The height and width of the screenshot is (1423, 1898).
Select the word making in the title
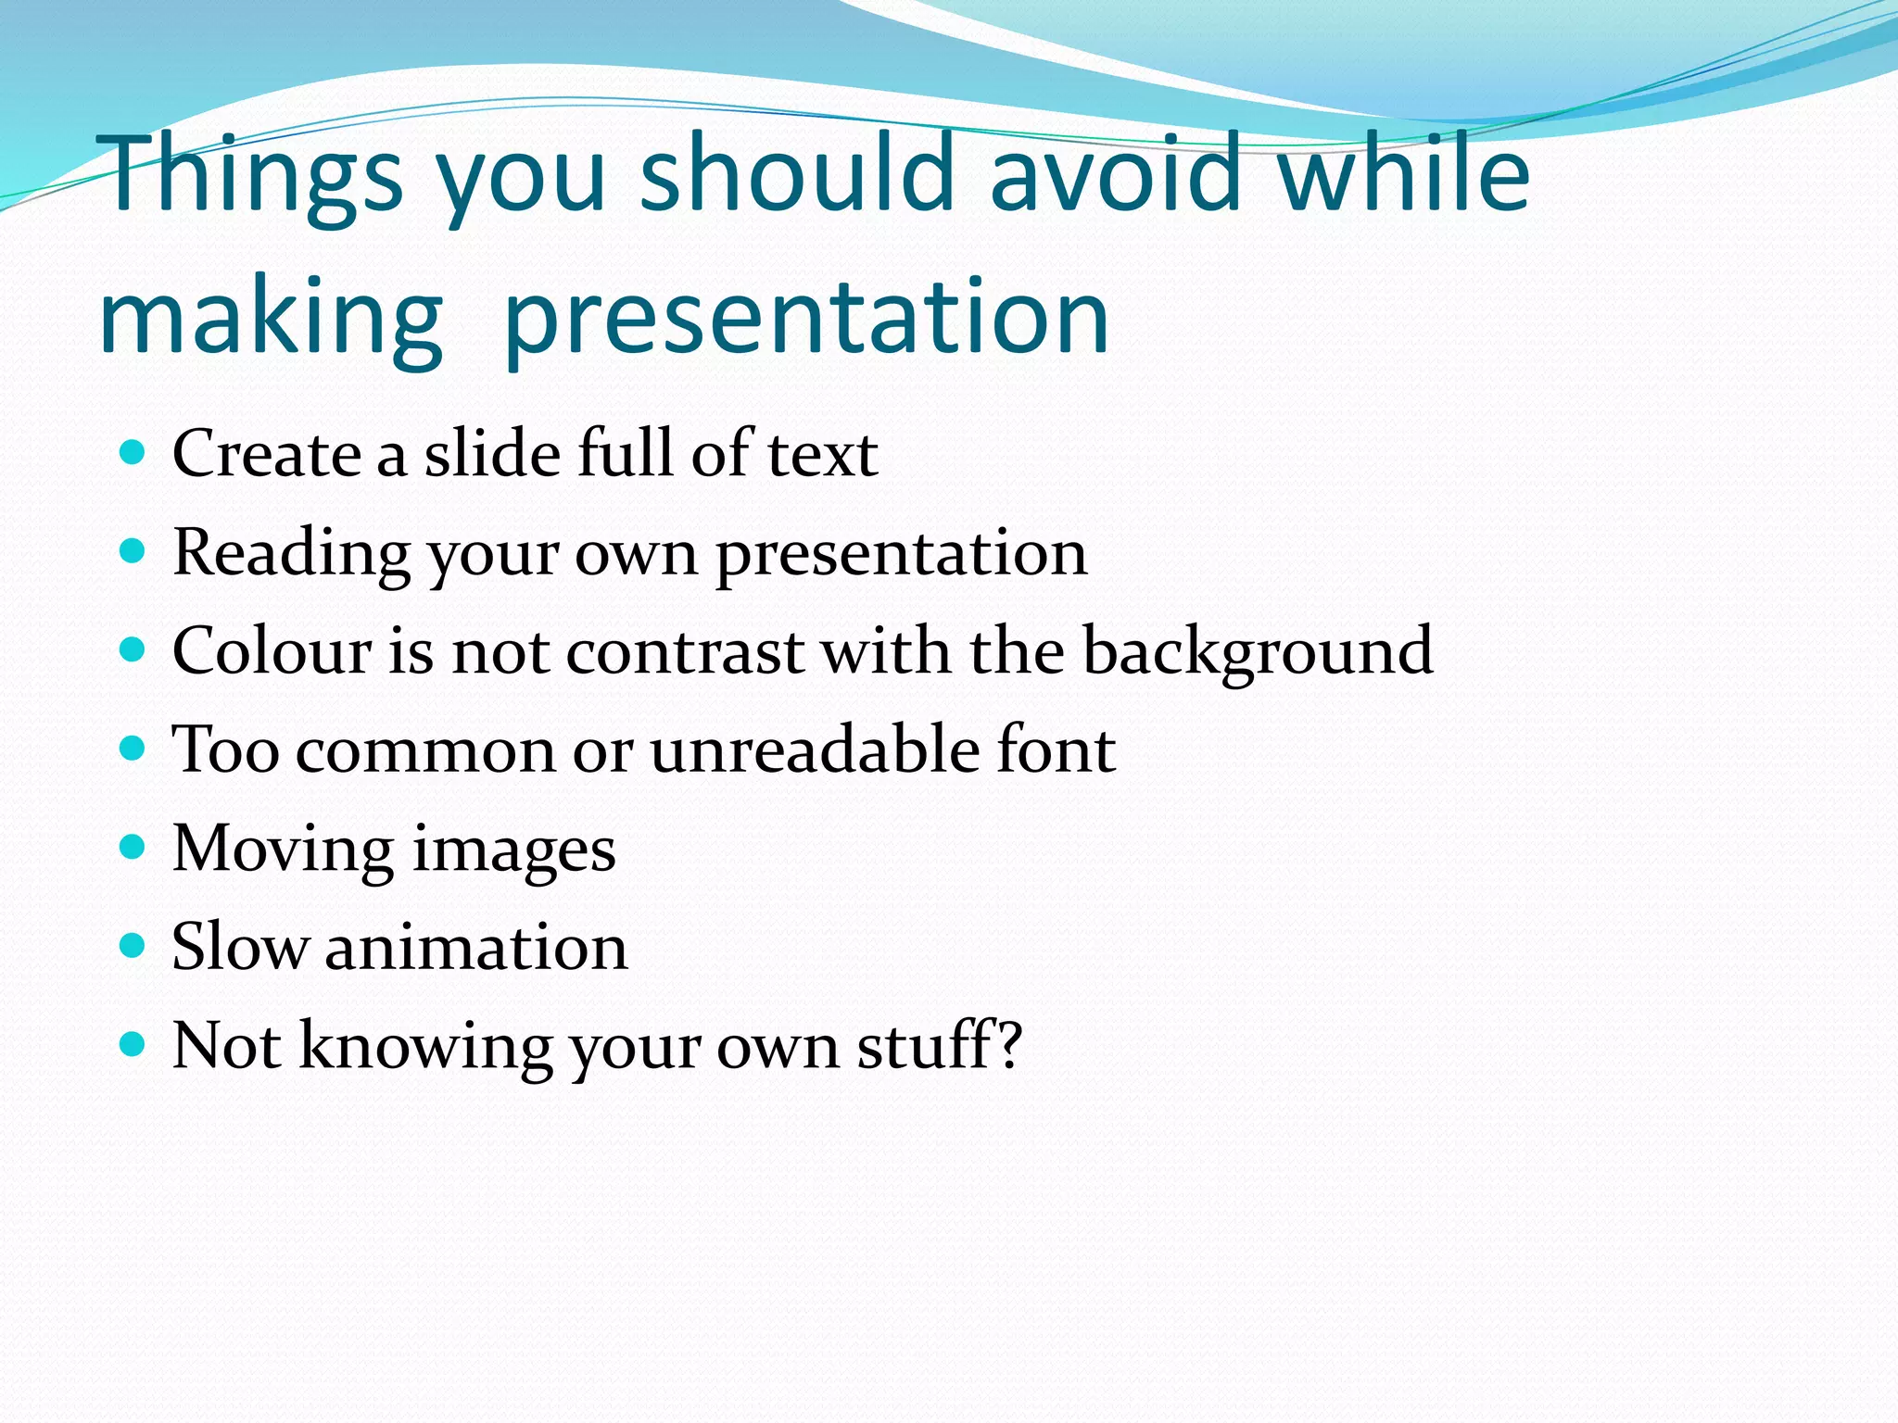tap(271, 320)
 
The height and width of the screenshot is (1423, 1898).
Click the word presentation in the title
tap(806, 320)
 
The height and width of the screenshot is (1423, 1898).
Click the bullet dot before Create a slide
tap(133, 453)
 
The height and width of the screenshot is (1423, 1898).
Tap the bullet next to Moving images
tap(133, 848)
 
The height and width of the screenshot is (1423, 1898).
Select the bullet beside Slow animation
tap(133, 946)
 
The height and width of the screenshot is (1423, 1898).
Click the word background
tap(1258, 652)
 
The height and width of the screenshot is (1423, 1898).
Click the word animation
tap(476, 947)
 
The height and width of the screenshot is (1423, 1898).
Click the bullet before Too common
tap(133, 749)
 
